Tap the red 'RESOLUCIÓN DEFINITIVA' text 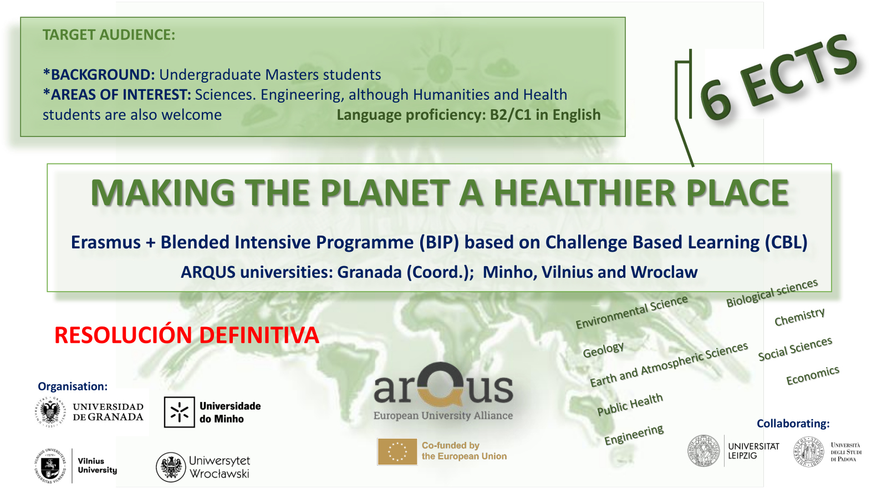click(186, 335)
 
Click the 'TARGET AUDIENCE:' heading click(109, 35)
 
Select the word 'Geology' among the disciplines click(603, 349)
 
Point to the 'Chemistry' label click(799, 317)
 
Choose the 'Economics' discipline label click(813, 375)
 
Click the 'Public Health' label click(630, 404)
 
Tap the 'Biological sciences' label click(772, 293)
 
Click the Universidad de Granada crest click(50, 412)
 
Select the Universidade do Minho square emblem click(180, 413)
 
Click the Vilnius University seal click(50, 466)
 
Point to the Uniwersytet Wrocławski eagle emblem click(171, 467)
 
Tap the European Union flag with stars click(397, 451)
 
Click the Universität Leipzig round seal click(704, 451)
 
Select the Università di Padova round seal click(809, 451)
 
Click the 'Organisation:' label click(73, 386)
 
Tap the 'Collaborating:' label click(793, 424)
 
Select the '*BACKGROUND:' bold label click(99, 74)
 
